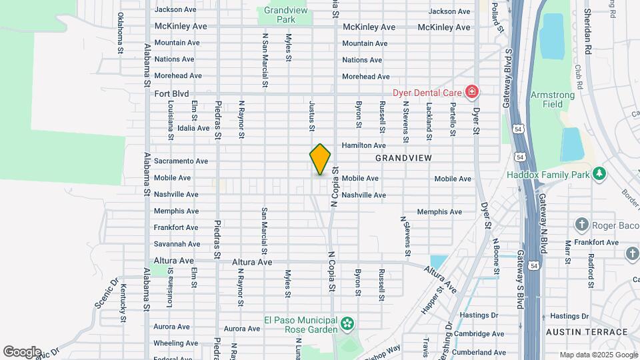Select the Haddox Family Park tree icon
point(600,175)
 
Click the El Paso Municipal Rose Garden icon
point(347,325)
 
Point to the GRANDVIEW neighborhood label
point(403,158)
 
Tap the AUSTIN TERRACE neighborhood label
point(586,332)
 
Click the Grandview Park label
point(285,15)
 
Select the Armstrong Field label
point(552,99)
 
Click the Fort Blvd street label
point(172,94)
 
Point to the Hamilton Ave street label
point(363,145)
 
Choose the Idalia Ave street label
point(193,128)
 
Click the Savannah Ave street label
point(177,244)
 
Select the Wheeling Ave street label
point(176,343)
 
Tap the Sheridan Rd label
point(587,32)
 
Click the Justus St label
point(311,116)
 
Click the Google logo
point(22,351)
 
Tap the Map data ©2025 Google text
point(598,355)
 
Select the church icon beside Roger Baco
point(582,225)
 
